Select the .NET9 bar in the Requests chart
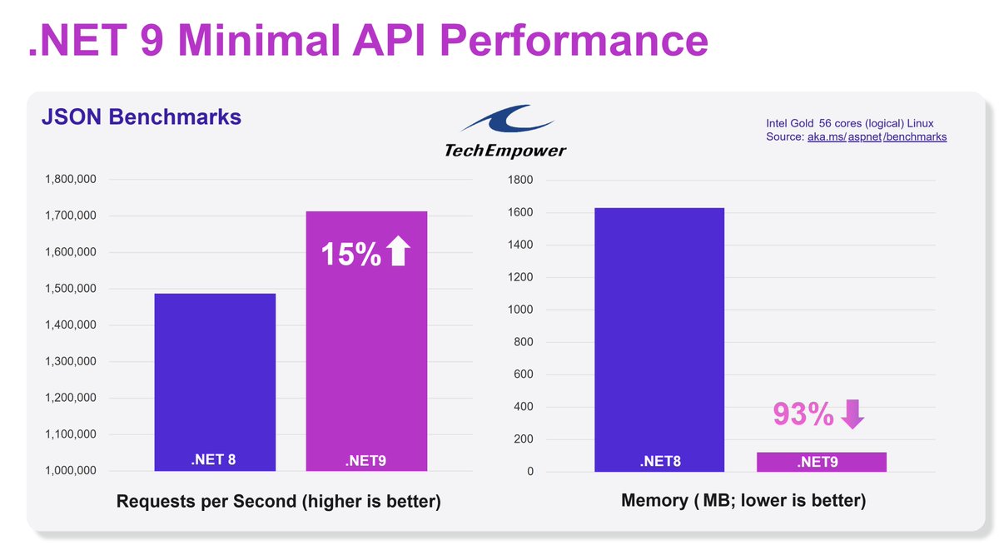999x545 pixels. (x=366, y=349)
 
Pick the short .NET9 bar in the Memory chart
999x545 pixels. (x=821, y=462)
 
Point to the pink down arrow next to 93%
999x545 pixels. (x=852, y=414)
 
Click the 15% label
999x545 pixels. (x=350, y=253)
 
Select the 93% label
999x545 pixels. (x=803, y=414)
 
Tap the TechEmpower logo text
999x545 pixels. (x=504, y=151)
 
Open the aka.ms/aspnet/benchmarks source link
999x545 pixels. (x=877, y=136)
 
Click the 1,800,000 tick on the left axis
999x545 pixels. (x=71, y=180)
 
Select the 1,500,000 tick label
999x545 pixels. (x=71, y=289)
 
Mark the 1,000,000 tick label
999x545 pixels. (x=71, y=470)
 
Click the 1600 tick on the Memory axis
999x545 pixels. (x=520, y=212)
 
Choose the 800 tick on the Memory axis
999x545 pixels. (x=524, y=342)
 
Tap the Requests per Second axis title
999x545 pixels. (x=278, y=502)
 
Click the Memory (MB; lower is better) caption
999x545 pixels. (x=743, y=501)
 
